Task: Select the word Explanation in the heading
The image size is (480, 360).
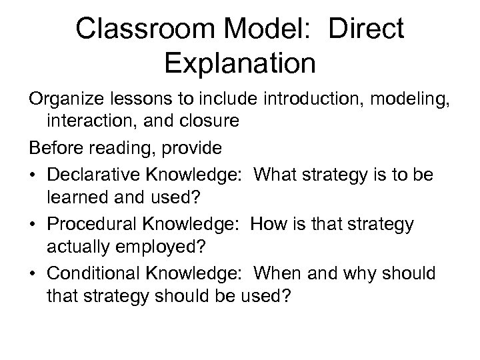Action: pyautogui.click(x=239, y=64)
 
